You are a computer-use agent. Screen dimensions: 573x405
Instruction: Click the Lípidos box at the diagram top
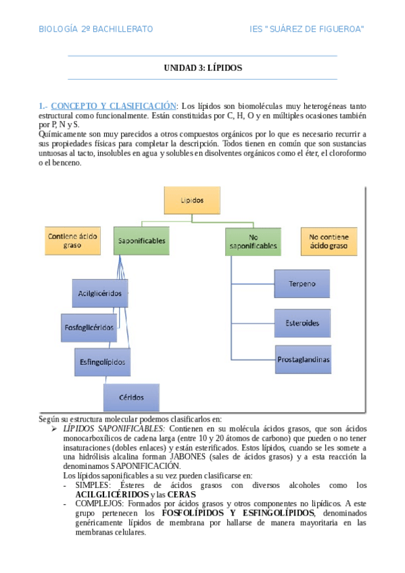(192, 201)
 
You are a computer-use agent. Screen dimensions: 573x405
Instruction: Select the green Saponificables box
(141, 241)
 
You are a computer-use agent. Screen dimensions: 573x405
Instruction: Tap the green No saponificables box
(253, 241)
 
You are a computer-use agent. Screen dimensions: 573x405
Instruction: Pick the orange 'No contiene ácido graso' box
(328, 241)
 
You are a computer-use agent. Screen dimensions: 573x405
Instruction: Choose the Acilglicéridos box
(100, 293)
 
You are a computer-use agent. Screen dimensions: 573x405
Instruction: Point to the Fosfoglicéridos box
(89, 327)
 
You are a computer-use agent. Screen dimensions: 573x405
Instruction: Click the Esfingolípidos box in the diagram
(102, 362)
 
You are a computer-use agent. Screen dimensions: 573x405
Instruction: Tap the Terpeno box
(302, 284)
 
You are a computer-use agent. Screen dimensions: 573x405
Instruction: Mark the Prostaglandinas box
(304, 359)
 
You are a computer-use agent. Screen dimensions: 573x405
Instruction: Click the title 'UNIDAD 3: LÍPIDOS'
(203, 68)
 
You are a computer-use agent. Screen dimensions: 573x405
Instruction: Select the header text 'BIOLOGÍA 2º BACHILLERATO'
(95, 29)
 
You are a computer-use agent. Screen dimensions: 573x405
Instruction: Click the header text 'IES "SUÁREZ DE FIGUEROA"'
(306, 29)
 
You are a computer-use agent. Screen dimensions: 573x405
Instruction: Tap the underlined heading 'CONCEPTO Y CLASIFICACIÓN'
(113, 106)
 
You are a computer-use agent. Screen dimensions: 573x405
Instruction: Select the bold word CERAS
(181, 495)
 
